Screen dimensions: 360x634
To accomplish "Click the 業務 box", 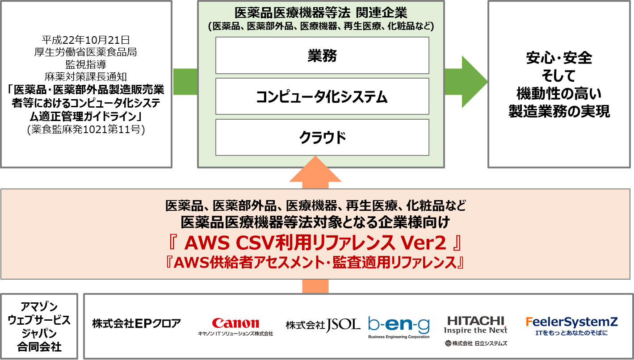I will [x=322, y=55].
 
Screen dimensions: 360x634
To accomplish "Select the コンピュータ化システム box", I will [x=322, y=96].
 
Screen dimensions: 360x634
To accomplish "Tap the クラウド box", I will [x=322, y=138].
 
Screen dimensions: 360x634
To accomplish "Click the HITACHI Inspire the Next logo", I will [x=475, y=325].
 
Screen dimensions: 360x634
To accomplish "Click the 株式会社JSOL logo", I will [x=323, y=325].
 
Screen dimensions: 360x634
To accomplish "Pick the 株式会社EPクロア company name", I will [x=136, y=323].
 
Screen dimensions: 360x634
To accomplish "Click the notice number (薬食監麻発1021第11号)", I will [x=86, y=130].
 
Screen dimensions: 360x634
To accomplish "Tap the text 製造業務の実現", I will [x=559, y=111].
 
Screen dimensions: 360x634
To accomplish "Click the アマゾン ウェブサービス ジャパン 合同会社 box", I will [x=39, y=326].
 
